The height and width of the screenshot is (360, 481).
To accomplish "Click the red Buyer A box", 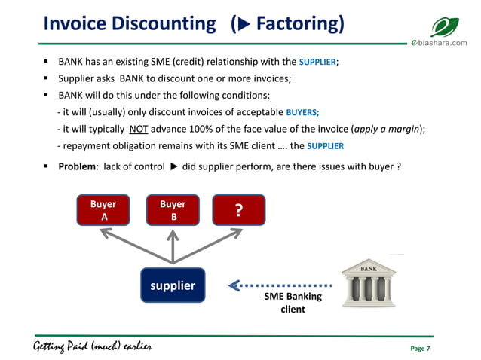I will pyautogui.click(x=104, y=210).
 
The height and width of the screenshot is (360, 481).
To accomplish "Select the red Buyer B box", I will pyautogui.click(x=173, y=210).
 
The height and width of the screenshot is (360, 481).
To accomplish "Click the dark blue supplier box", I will pyautogui.click(x=173, y=285).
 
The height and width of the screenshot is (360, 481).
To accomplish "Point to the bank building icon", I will pyautogui.click(x=369, y=282).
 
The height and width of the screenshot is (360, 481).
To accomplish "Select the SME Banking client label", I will pyautogui.click(x=293, y=303).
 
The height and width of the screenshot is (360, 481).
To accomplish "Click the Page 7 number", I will pyautogui.click(x=419, y=349).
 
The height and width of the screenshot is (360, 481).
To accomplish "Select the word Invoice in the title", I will pyautogui.click(x=77, y=24).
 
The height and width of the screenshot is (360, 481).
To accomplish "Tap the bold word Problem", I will pyautogui.click(x=76, y=166).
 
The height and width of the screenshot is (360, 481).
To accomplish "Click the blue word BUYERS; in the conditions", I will pyautogui.click(x=302, y=112).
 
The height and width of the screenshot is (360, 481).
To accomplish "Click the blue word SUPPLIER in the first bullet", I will pyautogui.click(x=317, y=62).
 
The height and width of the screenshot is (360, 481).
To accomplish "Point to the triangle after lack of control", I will pyautogui.click(x=173, y=166).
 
